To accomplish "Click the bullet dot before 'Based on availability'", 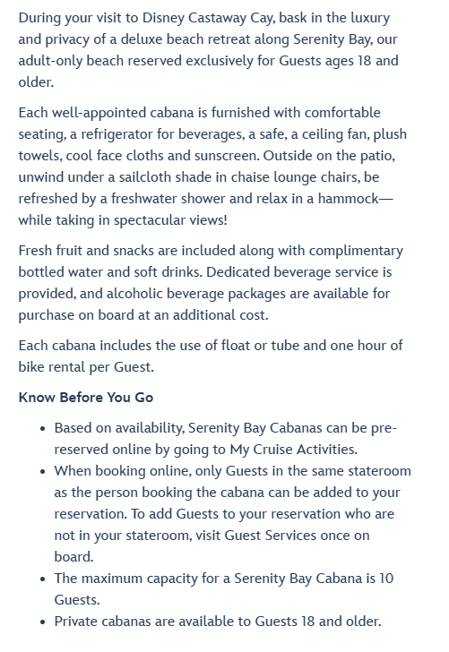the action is point(42,429).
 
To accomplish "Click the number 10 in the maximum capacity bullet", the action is point(385,579).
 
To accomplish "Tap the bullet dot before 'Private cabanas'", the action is point(42,622).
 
